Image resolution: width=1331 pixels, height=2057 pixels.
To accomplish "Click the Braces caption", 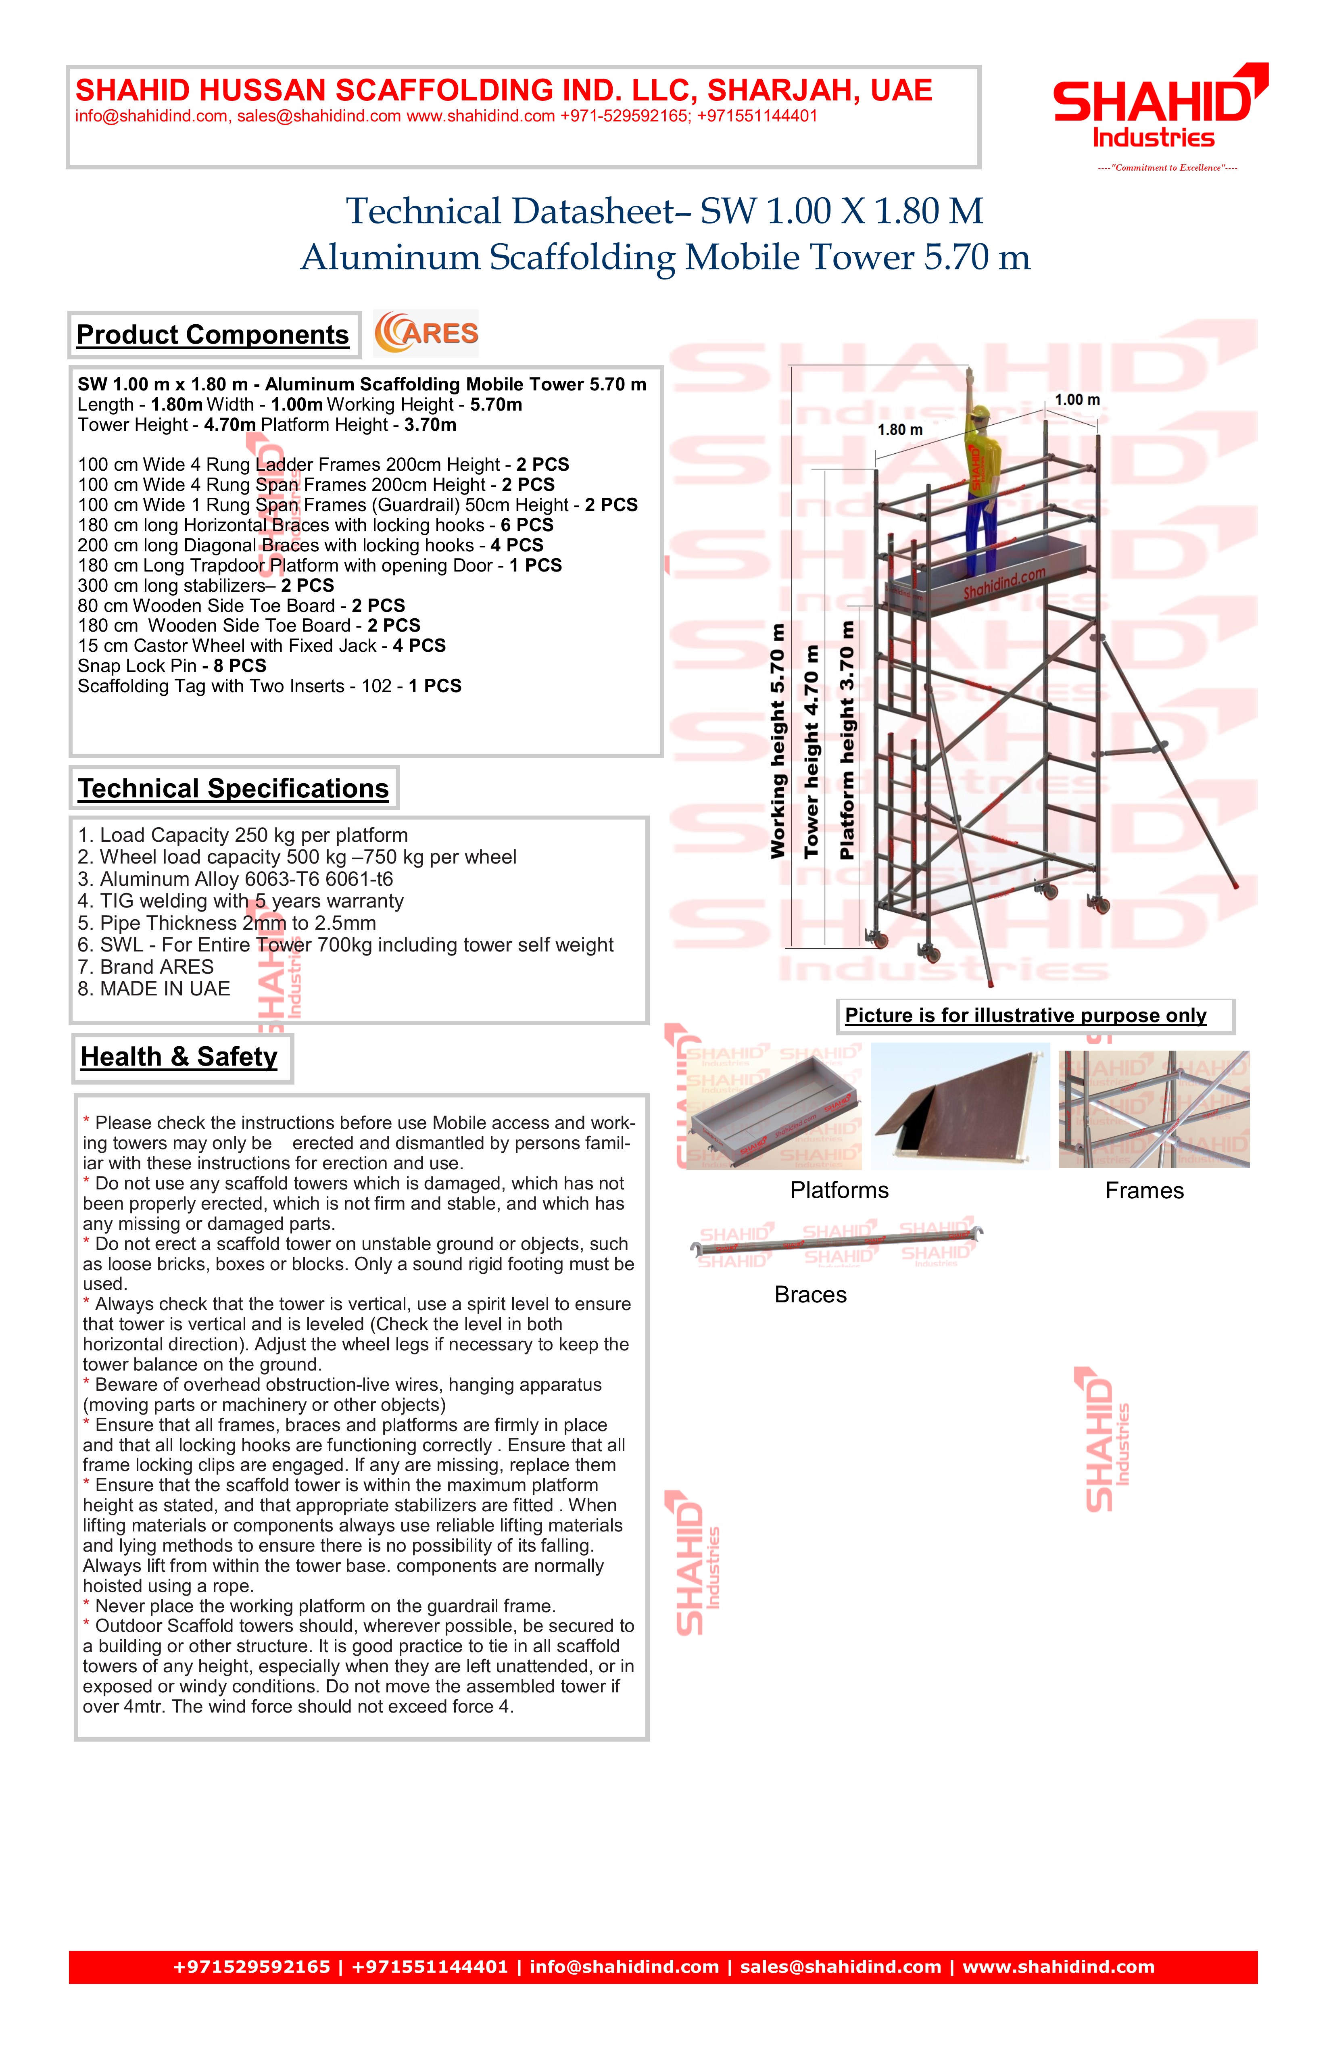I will coord(810,1295).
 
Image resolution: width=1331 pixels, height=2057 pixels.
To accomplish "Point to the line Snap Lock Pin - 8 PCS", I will coord(172,665).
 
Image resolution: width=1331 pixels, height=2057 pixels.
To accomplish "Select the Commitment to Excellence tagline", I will coord(1167,168).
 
